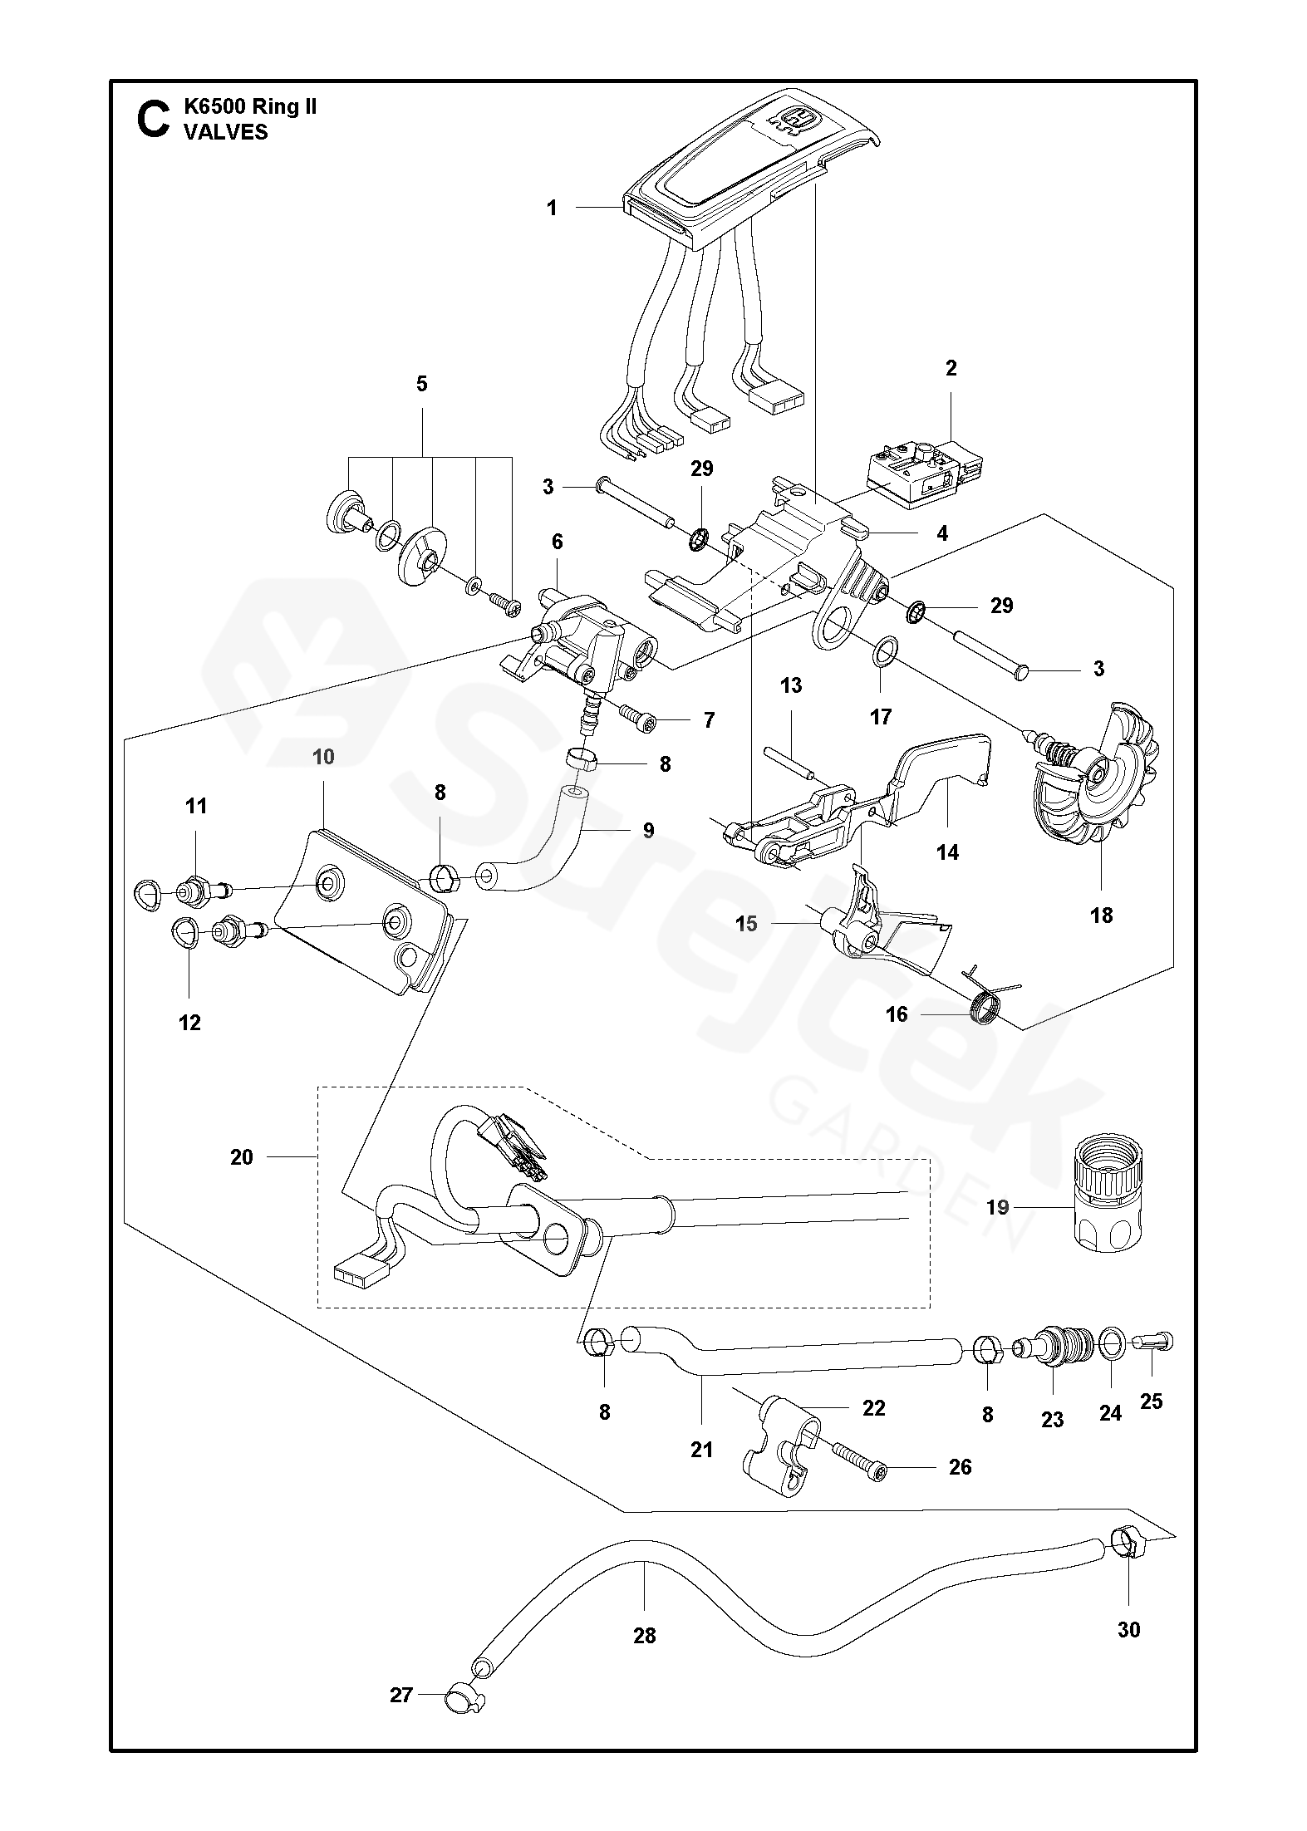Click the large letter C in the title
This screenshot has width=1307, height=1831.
152,119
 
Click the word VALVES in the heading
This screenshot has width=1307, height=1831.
226,132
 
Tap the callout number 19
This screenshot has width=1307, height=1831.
997,1206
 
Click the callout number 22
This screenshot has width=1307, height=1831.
873,1407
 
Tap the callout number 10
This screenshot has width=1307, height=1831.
323,756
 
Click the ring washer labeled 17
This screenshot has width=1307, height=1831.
885,650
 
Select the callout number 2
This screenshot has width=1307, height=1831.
951,367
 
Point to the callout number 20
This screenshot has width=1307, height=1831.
242,1156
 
